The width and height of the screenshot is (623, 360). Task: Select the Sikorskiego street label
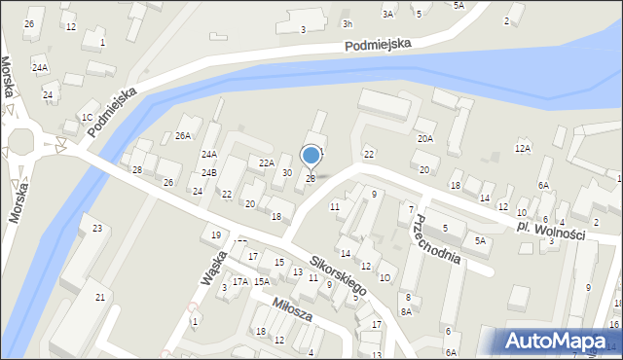[x=339, y=275]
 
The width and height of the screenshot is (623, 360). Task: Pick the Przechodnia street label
[x=434, y=239]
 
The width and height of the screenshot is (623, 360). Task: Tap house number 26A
[x=183, y=136]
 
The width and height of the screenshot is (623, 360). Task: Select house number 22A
[x=267, y=162]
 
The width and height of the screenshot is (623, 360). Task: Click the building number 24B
[x=208, y=173]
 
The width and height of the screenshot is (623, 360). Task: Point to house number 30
[x=287, y=172]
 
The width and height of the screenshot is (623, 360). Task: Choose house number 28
[x=137, y=170]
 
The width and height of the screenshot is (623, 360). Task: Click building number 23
[x=97, y=229]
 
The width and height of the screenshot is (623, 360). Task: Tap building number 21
[x=99, y=296]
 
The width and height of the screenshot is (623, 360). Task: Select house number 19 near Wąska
[x=216, y=235]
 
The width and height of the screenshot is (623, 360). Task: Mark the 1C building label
[x=87, y=118]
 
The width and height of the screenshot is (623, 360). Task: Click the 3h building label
[x=348, y=22]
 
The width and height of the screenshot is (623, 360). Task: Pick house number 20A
[x=425, y=139]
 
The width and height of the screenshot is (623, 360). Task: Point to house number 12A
[x=523, y=148]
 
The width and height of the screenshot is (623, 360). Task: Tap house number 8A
[x=407, y=311]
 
